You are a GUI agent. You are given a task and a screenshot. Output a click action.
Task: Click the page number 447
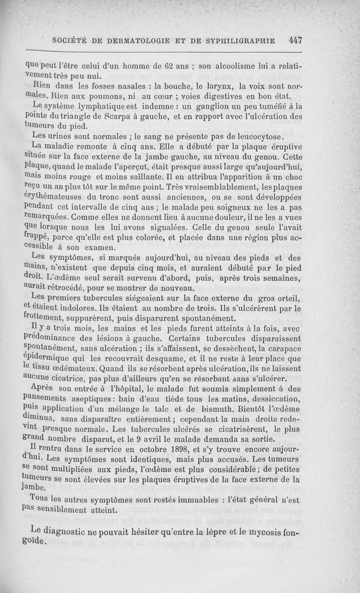coord(295,40)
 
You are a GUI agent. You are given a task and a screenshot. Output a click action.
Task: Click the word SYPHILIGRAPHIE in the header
coord(240,41)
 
